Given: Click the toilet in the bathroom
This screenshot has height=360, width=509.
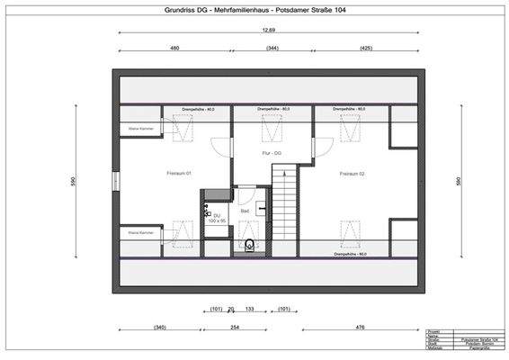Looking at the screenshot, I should point(249,243).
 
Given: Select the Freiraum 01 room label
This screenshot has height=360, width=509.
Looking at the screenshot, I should point(180,173).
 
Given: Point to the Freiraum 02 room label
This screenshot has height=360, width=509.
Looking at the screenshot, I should point(352,173).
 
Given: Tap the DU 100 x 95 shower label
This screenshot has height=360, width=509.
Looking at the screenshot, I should point(216,217).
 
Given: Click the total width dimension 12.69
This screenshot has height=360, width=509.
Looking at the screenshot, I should point(269,31).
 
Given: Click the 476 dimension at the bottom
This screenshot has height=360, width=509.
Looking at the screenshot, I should point(360,327).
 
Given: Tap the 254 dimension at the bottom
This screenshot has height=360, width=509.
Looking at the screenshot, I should point(234,327).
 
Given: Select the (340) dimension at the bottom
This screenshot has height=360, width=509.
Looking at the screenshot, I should point(161,327).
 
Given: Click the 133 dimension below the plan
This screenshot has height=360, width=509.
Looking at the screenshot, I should point(249,310).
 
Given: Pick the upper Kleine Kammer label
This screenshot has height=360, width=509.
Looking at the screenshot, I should point(139,128).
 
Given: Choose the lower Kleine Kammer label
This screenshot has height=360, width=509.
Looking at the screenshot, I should point(139,232).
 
